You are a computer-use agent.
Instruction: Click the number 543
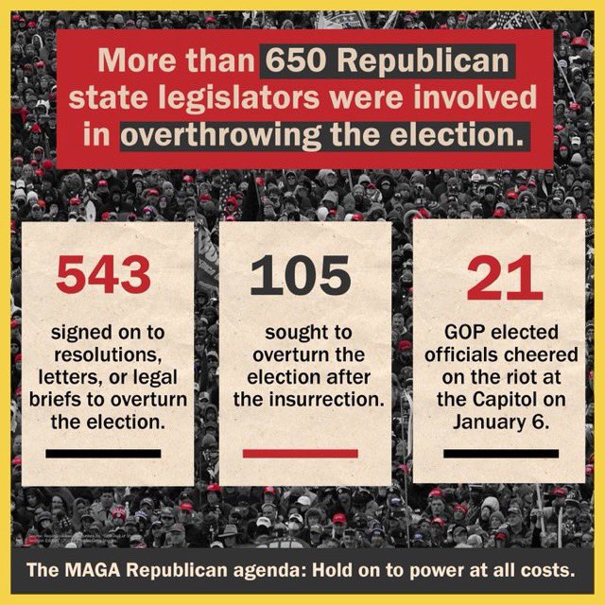click(104, 276)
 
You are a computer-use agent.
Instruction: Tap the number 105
click(301, 276)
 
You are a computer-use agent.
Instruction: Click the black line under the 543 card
click(104, 453)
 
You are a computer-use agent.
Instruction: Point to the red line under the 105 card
click(301, 453)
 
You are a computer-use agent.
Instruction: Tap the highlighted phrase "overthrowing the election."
click(321, 134)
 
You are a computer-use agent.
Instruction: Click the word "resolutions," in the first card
click(104, 354)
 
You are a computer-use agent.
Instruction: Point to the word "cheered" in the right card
click(543, 354)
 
